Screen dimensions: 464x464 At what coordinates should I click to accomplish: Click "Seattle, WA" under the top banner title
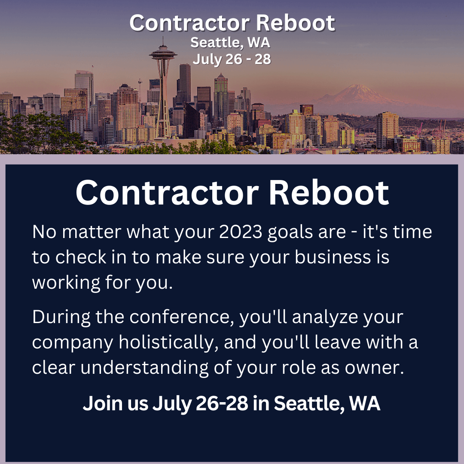[x=230, y=42]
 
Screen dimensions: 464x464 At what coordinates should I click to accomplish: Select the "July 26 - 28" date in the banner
[x=232, y=59]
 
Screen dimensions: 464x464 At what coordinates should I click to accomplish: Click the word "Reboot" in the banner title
[x=295, y=23]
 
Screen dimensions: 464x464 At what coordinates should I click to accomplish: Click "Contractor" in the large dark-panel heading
[x=167, y=193]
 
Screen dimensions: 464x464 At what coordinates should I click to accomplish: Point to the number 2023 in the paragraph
[x=241, y=232]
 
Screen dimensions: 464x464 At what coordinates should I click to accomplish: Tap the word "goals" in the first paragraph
[x=290, y=233]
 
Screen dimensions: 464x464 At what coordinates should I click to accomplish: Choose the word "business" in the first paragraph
[x=333, y=257]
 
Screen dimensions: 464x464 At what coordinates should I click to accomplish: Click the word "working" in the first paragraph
[x=66, y=283]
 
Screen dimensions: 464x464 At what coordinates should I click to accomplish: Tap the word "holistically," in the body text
[x=169, y=343]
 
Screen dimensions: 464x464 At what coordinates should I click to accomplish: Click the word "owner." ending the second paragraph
[x=374, y=368]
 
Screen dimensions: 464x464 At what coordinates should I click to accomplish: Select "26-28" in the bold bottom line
[x=222, y=403]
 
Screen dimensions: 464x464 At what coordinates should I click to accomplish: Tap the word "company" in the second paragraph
[x=73, y=343]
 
